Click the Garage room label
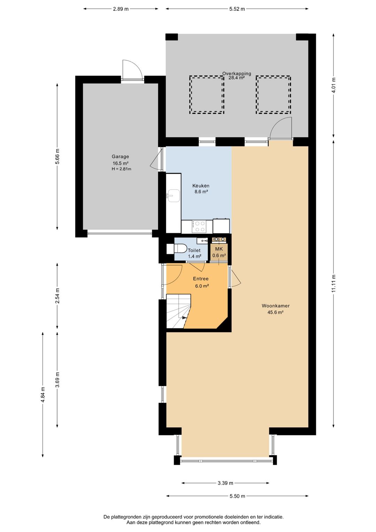click(x=120, y=157)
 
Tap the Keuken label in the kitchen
click(x=201, y=186)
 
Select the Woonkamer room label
click(x=276, y=306)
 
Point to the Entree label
click(x=201, y=279)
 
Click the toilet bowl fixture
click(x=180, y=249)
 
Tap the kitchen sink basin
click(x=174, y=196)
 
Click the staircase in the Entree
click(x=178, y=311)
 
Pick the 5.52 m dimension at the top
click(x=237, y=9)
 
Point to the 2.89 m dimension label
click(x=120, y=9)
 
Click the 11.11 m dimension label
click(x=334, y=283)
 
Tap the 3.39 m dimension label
click(x=225, y=483)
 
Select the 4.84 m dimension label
click(x=43, y=395)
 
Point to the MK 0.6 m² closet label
click(x=219, y=252)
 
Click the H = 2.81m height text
click(x=122, y=169)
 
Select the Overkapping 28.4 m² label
click(x=236, y=76)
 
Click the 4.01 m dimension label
click(x=334, y=86)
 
